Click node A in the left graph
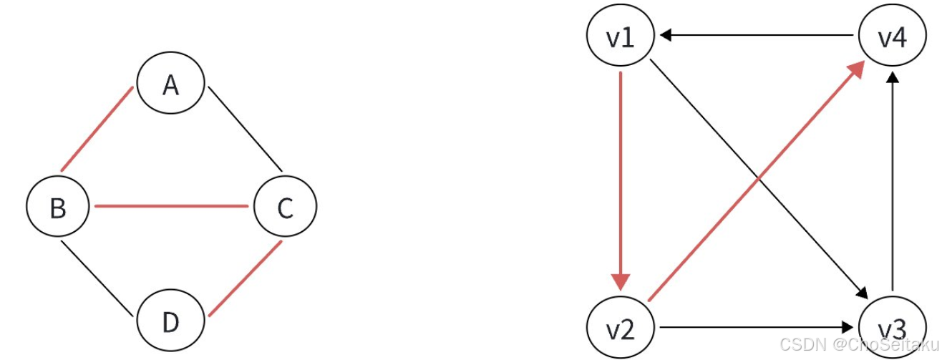click(170, 85)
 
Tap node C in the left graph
click(284, 208)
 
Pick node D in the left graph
click(170, 323)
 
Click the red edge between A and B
click(97, 129)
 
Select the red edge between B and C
click(171, 207)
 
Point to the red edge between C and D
click(244, 279)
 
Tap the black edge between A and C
click(244, 129)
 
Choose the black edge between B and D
click(97, 279)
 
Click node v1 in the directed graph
click(620, 37)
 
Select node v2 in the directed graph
click(620, 329)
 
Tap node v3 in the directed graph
click(891, 329)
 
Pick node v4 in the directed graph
click(891, 37)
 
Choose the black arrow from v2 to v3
click(755, 328)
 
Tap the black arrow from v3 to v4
click(892, 179)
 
